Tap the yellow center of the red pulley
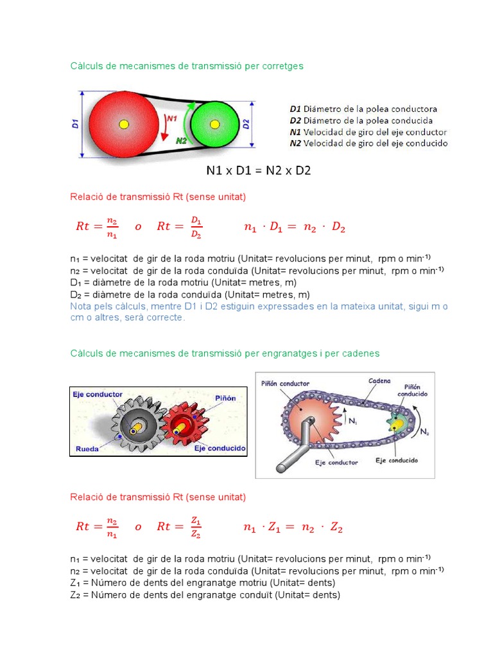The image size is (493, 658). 124,123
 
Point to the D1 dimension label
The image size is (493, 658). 76,123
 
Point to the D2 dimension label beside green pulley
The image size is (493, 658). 246,123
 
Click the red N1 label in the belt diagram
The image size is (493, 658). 171,118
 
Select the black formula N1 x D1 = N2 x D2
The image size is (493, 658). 258,171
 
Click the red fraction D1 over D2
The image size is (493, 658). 196,227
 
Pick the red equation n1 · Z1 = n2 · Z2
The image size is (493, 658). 293,528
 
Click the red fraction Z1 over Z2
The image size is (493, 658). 196,528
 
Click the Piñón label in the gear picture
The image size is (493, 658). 225,398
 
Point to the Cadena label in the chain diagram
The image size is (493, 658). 379,380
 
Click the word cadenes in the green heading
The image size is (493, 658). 360,353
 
